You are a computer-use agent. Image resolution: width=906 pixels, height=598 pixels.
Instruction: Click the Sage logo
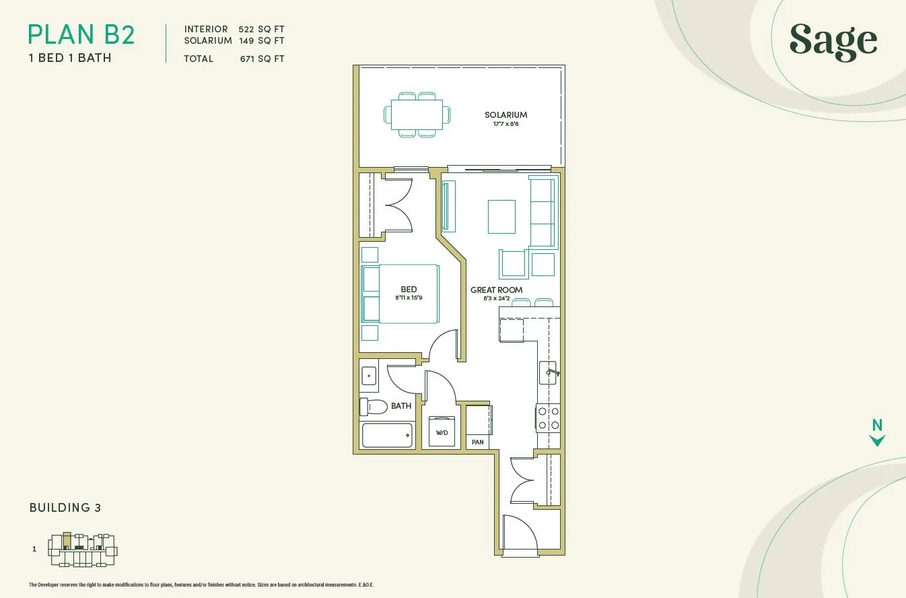click(833, 42)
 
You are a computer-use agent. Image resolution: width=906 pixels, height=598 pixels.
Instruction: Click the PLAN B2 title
click(81, 35)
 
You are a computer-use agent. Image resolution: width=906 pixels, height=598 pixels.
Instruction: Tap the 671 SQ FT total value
click(262, 59)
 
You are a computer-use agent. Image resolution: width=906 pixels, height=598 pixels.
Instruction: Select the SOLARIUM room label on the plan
click(506, 115)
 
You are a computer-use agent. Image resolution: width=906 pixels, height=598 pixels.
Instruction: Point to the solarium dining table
click(417, 115)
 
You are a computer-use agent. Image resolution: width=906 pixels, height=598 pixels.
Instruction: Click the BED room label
click(409, 290)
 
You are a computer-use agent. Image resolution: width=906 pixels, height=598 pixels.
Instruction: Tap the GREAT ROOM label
click(496, 290)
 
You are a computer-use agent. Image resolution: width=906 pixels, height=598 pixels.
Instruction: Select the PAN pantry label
click(478, 442)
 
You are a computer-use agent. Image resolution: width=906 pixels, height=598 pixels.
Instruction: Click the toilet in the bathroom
click(374, 407)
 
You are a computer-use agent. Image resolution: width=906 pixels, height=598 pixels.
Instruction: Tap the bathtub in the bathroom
click(388, 435)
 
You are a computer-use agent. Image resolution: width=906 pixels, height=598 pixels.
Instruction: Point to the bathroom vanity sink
click(369, 376)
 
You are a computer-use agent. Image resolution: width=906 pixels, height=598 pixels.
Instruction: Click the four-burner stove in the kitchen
click(549, 418)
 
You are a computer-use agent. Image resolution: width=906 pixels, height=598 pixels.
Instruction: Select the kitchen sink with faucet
click(549, 372)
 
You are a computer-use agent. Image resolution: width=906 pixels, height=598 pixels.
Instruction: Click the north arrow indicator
click(877, 433)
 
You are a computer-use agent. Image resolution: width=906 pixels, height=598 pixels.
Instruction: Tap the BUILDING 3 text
click(65, 508)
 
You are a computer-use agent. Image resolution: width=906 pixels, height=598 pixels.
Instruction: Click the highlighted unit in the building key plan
click(67, 541)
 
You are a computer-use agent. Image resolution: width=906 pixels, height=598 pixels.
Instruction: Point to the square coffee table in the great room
click(501, 217)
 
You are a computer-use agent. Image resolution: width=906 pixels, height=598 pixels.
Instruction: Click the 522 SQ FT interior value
click(261, 30)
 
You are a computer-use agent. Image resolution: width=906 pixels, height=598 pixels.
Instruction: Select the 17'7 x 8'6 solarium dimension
click(506, 124)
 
